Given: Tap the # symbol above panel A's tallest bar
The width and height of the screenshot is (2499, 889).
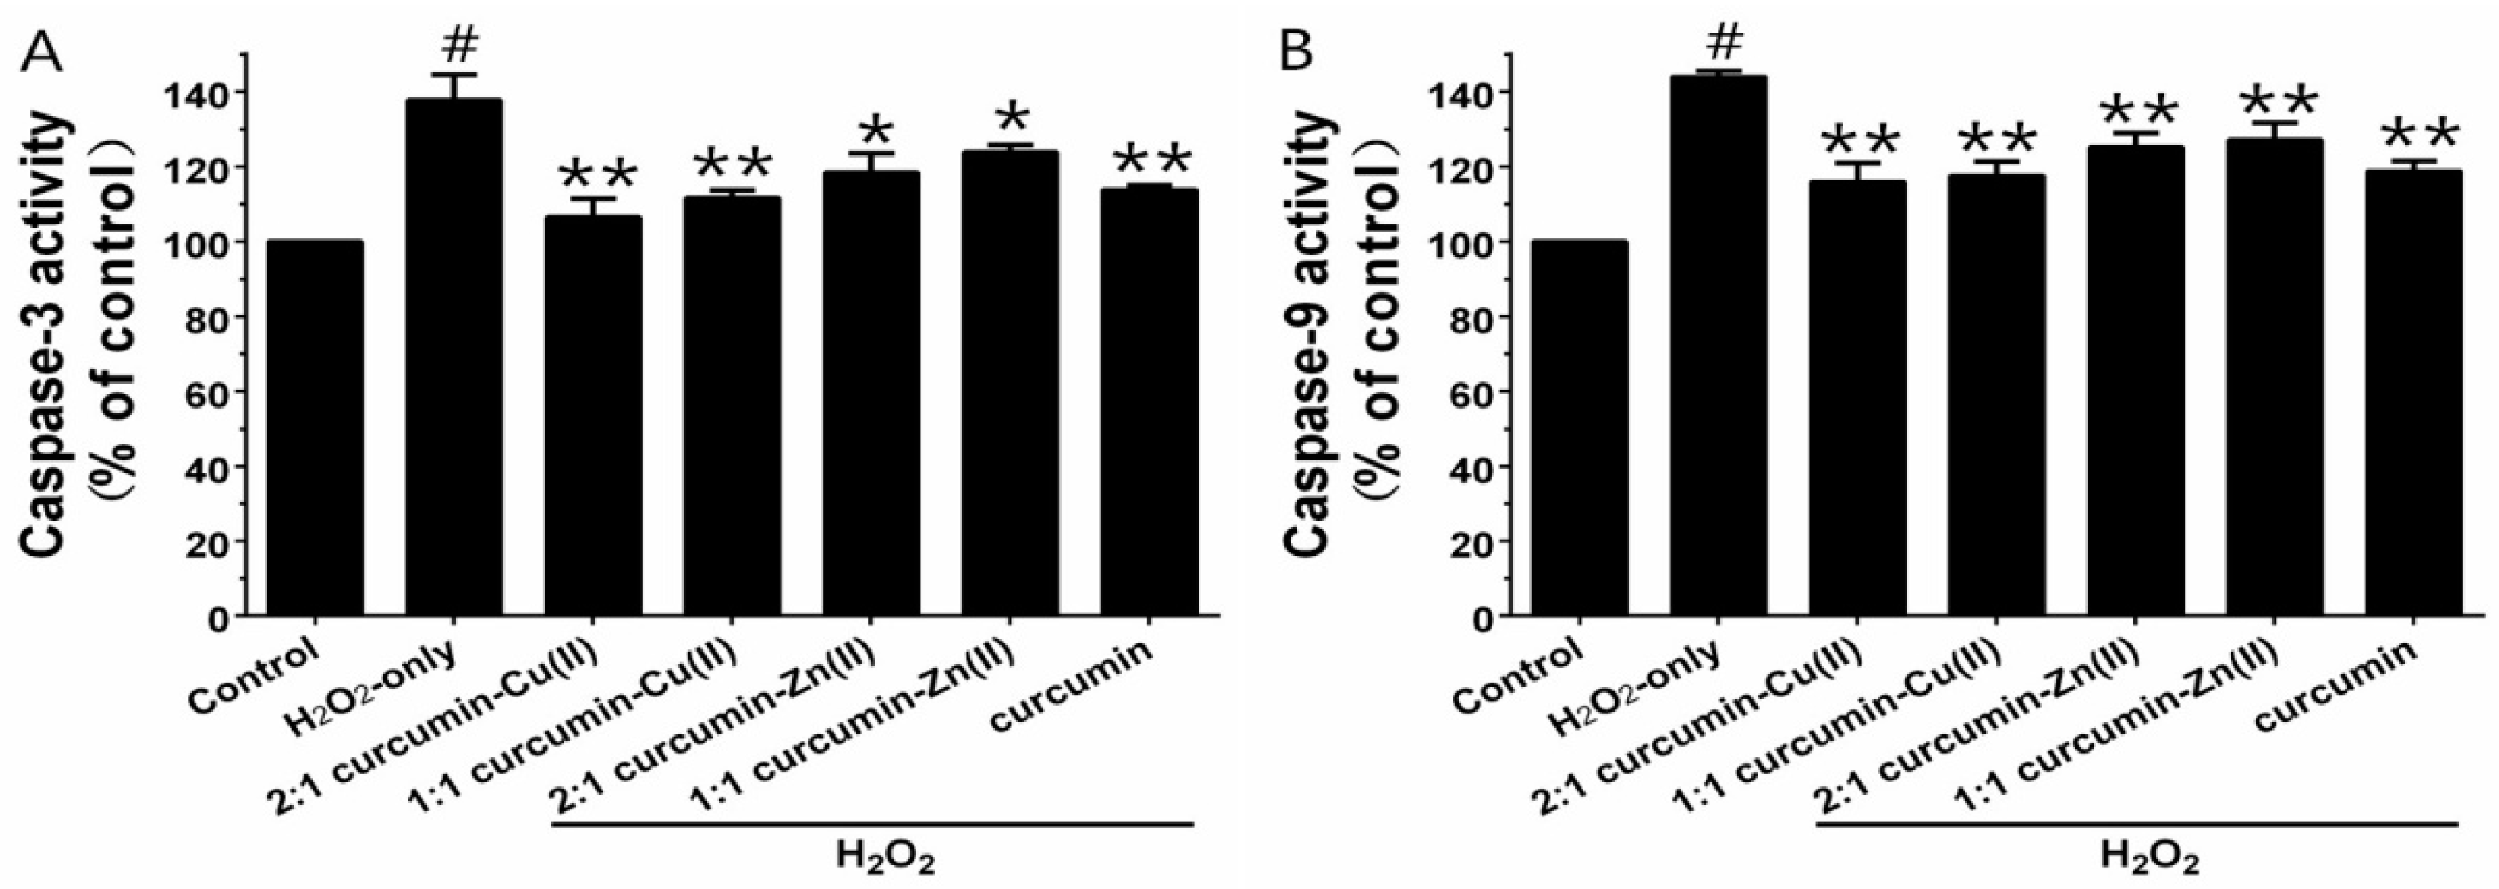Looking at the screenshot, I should (454, 43).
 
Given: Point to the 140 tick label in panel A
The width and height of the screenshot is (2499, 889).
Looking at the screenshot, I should (204, 92).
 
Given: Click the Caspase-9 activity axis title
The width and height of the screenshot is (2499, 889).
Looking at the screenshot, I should (1310, 335).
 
